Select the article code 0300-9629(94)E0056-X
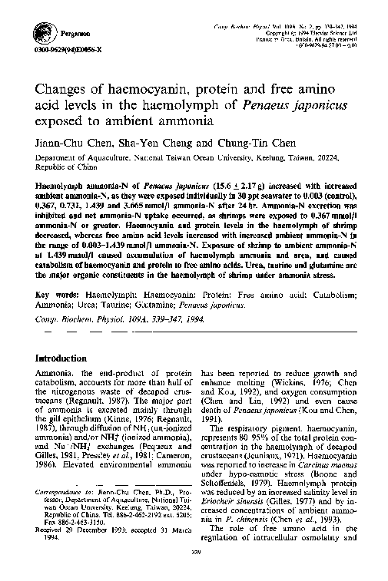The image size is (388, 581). point(58,49)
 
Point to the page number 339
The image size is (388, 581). point(194,571)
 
